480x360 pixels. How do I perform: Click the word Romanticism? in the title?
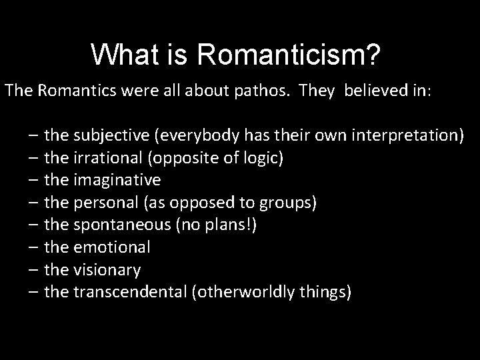289,54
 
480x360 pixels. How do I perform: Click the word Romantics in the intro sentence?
65,90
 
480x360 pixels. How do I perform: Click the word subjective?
111,137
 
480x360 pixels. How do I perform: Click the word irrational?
103,159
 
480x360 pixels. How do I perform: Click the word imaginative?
117,181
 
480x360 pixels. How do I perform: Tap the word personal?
102,203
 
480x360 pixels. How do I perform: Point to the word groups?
293,203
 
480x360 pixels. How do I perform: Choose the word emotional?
112,247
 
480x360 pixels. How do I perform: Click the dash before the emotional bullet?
33,247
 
